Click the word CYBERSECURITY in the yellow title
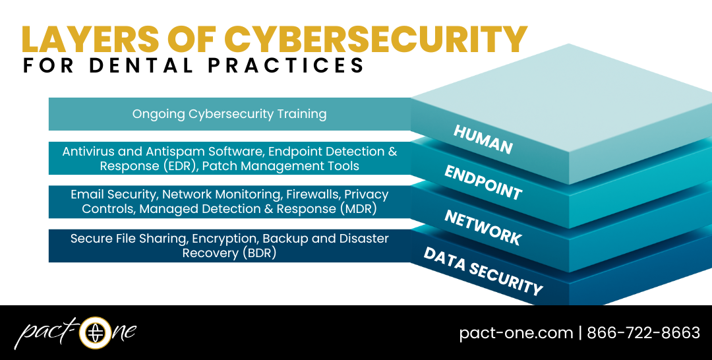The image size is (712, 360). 376,40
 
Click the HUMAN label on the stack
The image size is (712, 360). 483,139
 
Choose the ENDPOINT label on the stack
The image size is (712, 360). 483,183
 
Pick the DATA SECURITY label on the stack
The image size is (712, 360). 483,271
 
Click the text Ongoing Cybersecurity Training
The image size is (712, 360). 229,114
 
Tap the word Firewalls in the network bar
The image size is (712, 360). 312,195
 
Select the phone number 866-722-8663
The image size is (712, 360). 643,333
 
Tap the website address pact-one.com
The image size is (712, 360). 516,333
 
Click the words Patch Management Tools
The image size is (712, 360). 281,166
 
